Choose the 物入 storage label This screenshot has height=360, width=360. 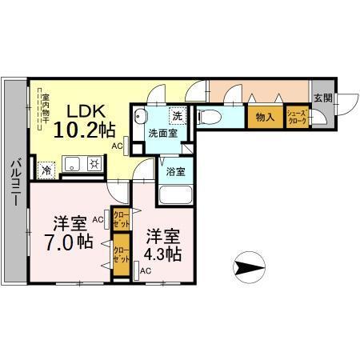(265, 118)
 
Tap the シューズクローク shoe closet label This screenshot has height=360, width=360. (298, 117)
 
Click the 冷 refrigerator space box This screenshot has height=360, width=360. (46, 168)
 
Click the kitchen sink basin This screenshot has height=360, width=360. (70, 166)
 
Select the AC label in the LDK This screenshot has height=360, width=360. (117, 146)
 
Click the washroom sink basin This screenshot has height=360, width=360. (142, 118)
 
